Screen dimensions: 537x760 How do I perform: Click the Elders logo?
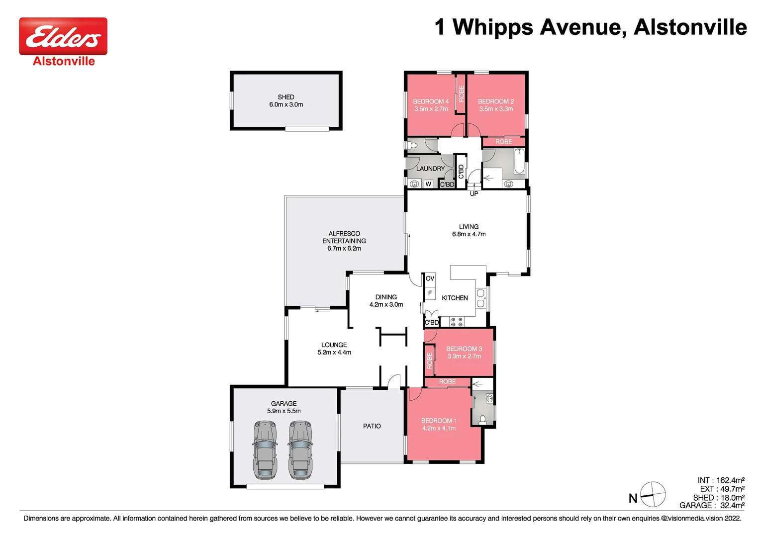pyautogui.click(x=63, y=36)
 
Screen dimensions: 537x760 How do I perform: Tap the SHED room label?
pyautogui.click(x=286, y=97)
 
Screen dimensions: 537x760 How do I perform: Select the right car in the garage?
pyautogui.click(x=300, y=450)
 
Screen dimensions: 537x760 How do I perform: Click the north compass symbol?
pyautogui.click(x=653, y=495)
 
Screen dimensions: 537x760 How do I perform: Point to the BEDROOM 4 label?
pyautogui.click(x=431, y=101)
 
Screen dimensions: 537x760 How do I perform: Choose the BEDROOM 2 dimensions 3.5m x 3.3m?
pyautogui.click(x=496, y=109)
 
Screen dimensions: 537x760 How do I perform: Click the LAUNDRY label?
pyautogui.click(x=430, y=169)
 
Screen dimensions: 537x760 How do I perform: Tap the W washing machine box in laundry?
pyautogui.click(x=428, y=184)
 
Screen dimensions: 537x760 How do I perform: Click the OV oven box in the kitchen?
pyautogui.click(x=430, y=278)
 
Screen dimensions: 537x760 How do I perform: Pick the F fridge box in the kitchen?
pyautogui.click(x=430, y=293)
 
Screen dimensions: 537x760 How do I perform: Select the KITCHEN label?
pyautogui.click(x=455, y=298)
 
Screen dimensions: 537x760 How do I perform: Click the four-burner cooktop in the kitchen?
pyautogui.click(x=457, y=322)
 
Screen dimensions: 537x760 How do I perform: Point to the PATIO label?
pyautogui.click(x=372, y=426)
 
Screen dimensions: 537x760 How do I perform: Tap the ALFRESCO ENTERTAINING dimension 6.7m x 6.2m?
pyautogui.click(x=344, y=248)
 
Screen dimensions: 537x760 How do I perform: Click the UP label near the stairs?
pyautogui.click(x=474, y=193)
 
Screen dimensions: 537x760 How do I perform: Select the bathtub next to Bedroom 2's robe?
pyautogui.click(x=519, y=161)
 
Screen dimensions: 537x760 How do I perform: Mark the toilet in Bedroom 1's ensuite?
pyautogui.click(x=482, y=419)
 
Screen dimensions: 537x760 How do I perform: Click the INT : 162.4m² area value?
pyautogui.click(x=721, y=480)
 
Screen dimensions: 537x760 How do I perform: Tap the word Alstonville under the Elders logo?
pyautogui.click(x=64, y=61)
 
